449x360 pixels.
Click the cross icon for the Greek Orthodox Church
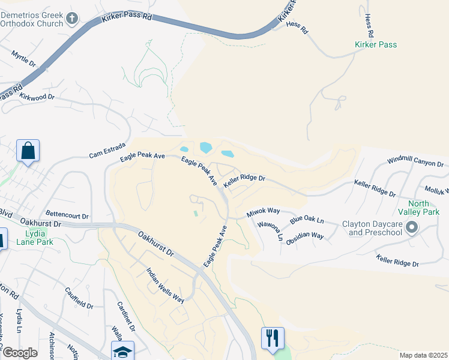click(x=72, y=19)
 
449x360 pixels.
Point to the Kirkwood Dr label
click(x=37, y=96)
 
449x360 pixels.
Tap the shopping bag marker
click(x=28, y=151)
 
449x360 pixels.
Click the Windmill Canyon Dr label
click(x=415, y=163)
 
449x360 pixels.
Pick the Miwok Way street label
click(x=263, y=212)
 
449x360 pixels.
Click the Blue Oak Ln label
click(x=307, y=221)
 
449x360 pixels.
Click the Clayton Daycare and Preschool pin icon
click(x=411, y=227)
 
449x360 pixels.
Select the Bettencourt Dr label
click(x=67, y=215)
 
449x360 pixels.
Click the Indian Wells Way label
click(x=165, y=285)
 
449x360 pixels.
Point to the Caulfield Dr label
click(x=79, y=298)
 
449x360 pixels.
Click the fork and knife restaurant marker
click(x=272, y=337)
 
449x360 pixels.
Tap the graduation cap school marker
click(x=122, y=350)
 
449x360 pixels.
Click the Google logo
click(x=19, y=353)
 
